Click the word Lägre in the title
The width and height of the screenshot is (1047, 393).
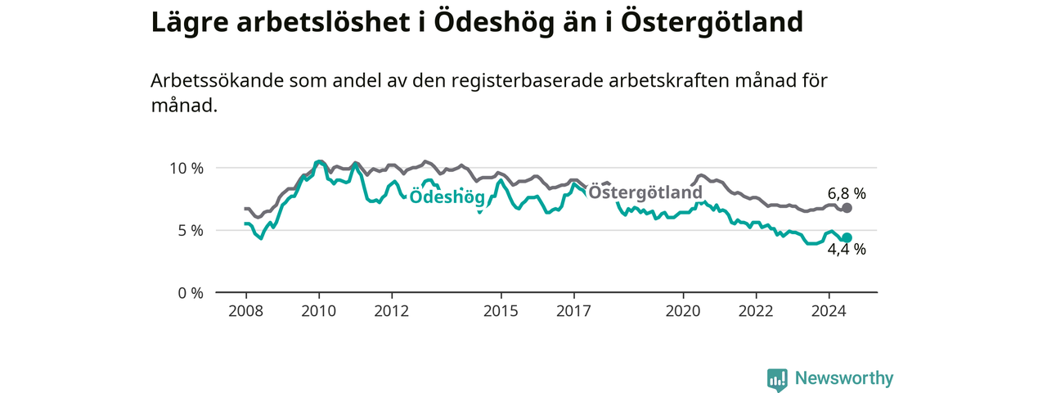pyautogui.click(x=190, y=23)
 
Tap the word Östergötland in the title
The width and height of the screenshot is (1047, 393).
pyautogui.click(x=712, y=21)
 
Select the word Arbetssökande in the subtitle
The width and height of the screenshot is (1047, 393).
pyautogui.click(x=218, y=80)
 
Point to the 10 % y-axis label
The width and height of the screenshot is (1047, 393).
pyautogui.click(x=186, y=168)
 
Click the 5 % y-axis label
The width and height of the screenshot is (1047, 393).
pyautogui.click(x=191, y=231)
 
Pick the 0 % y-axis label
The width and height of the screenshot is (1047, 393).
pyautogui.click(x=191, y=293)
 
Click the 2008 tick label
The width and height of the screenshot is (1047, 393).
pyautogui.click(x=246, y=310)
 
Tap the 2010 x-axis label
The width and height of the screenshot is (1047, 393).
pyautogui.click(x=319, y=310)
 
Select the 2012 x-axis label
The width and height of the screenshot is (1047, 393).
pyautogui.click(x=392, y=310)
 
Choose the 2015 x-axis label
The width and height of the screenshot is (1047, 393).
pyautogui.click(x=501, y=310)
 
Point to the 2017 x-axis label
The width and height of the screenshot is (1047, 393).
pyautogui.click(x=574, y=310)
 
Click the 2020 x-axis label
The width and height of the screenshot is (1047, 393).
pyautogui.click(x=683, y=310)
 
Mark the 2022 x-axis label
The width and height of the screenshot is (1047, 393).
pyautogui.click(x=757, y=310)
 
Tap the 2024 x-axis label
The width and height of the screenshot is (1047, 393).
pyautogui.click(x=829, y=310)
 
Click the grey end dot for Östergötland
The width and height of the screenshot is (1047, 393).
pyautogui.click(x=847, y=208)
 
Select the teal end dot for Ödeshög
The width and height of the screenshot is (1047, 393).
pyautogui.click(x=847, y=237)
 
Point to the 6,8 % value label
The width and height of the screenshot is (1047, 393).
pyautogui.click(x=847, y=193)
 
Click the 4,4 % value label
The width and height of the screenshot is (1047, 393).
pyautogui.click(x=847, y=250)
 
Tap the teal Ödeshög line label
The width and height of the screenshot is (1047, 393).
pyautogui.click(x=447, y=197)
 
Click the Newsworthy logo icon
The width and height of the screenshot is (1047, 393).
pyautogui.click(x=777, y=378)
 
